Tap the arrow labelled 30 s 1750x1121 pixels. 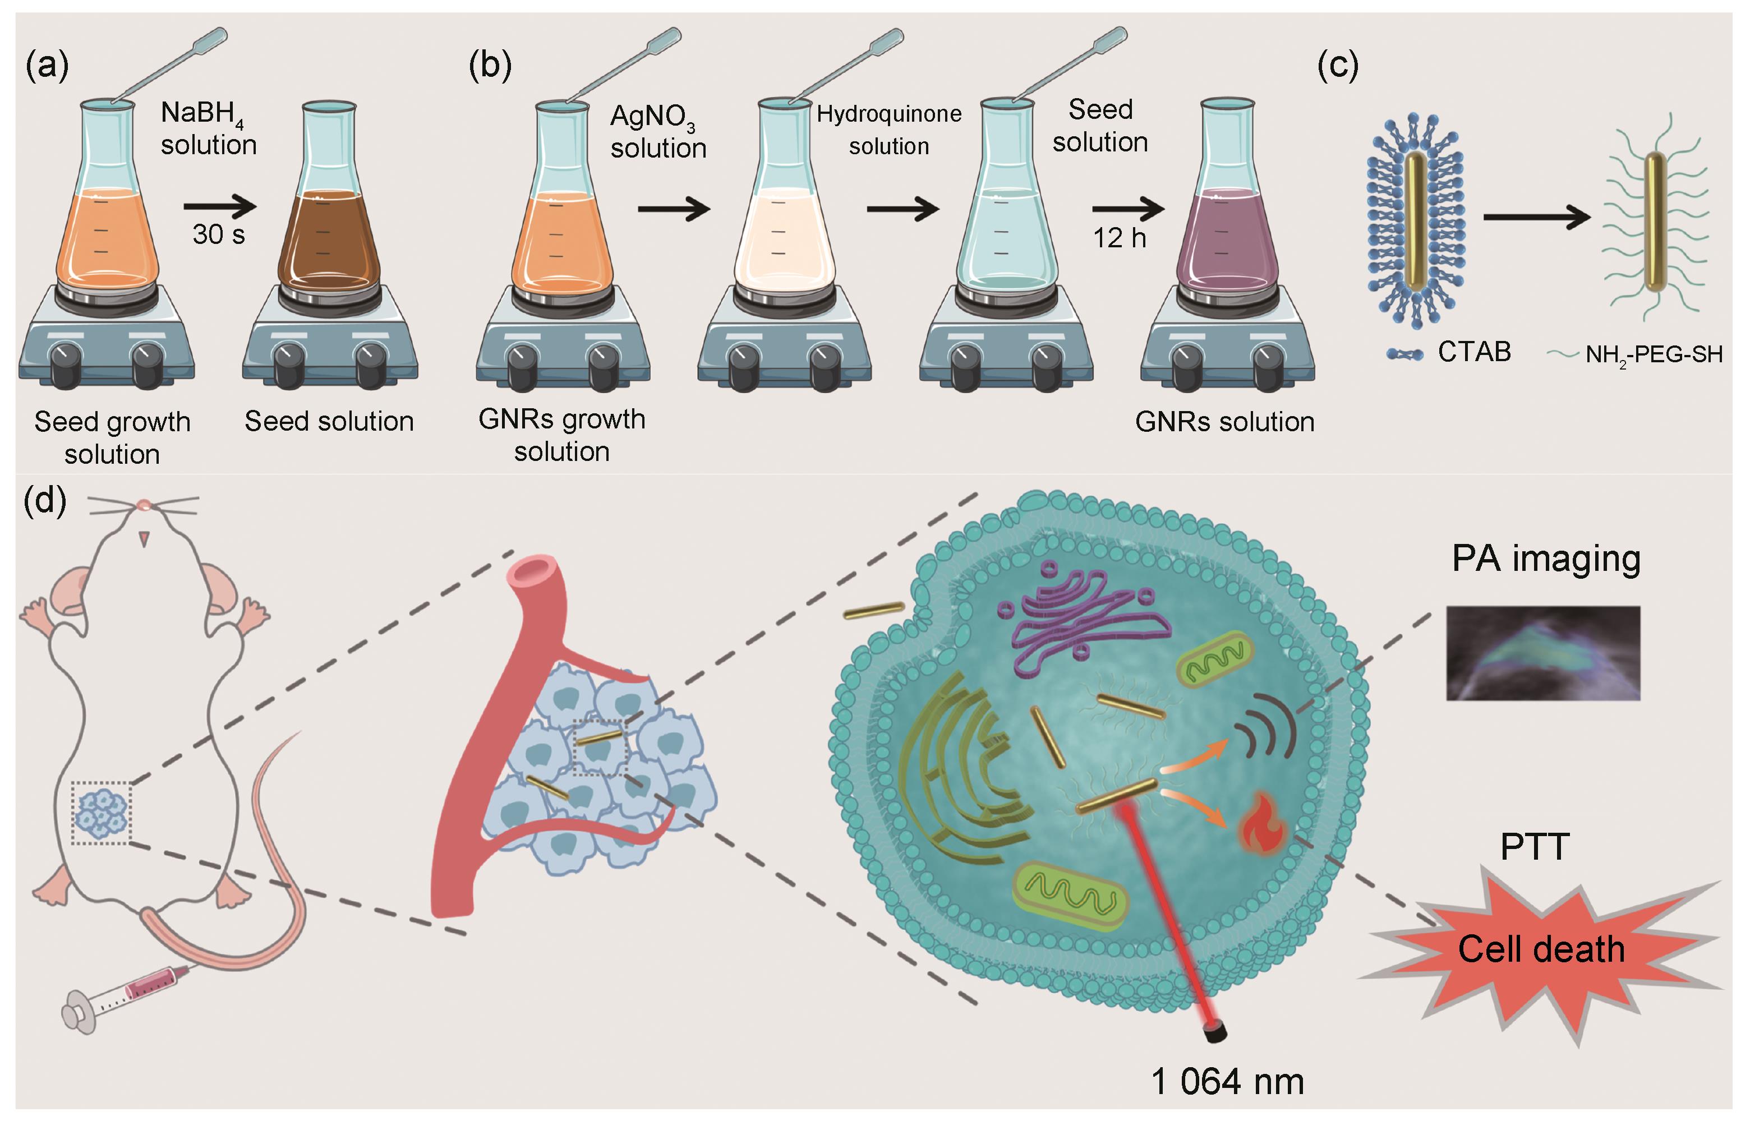click(220, 207)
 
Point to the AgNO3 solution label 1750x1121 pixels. click(657, 132)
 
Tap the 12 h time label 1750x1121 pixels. click(1120, 238)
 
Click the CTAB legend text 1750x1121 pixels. click(1474, 352)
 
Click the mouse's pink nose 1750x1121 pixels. click(144, 504)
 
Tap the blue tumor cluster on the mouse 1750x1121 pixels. click(102, 813)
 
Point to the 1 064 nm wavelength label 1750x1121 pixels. click(1227, 1082)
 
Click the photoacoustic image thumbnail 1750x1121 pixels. click(1542, 653)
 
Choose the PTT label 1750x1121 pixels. click(1535, 847)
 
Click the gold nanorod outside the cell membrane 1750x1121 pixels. click(873, 610)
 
